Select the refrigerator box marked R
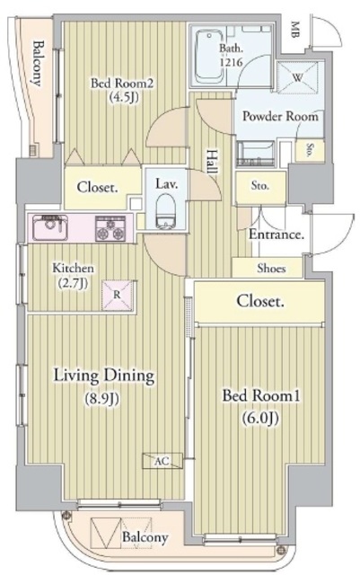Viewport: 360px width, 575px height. [x=117, y=292]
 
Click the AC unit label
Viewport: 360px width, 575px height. [x=162, y=461]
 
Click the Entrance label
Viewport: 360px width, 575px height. [x=277, y=235]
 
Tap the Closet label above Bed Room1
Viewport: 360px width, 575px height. [x=260, y=302]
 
